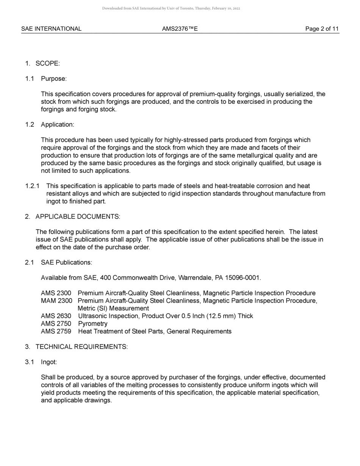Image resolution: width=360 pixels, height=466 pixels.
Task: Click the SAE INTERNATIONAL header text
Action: coord(51,29)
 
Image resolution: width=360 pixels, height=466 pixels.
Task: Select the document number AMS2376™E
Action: coord(180,29)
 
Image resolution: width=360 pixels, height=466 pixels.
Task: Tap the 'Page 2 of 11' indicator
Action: coord(322,29)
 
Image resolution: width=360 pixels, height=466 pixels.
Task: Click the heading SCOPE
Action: coord(47,64)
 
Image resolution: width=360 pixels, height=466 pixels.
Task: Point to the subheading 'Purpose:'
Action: coord(54,79)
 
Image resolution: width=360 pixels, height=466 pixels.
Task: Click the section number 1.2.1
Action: coord(33,186)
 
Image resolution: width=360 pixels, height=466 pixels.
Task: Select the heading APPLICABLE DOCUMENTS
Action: coord(78,217)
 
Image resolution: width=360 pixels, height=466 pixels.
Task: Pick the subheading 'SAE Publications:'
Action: coord(66,263)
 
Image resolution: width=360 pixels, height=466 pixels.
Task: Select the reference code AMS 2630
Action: coord(56,316)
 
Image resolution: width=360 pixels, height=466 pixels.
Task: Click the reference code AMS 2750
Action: coord(56,324)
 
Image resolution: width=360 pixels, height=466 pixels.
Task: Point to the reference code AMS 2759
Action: coord(56,332)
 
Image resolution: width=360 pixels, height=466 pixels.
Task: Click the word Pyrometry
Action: coord(92,324)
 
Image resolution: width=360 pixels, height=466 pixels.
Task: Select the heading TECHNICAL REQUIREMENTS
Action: coord(81,347)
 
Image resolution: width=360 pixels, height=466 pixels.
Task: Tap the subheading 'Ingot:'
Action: coord(49,362)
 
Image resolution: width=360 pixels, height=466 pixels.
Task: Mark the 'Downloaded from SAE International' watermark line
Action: coord(171,8)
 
